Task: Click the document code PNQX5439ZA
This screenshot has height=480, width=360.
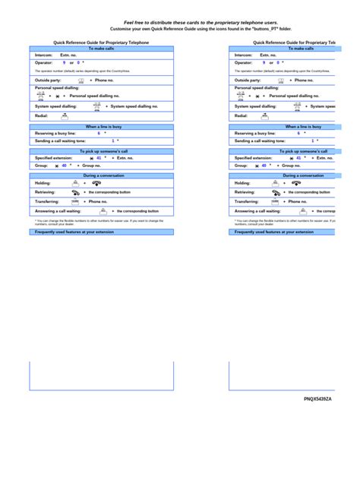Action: (x=318, y=397)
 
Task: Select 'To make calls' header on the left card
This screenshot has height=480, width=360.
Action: (x=102, y=48)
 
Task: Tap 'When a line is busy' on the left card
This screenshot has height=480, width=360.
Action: (x=102, y=127)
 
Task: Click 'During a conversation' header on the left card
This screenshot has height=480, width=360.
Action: (x=102, y=175)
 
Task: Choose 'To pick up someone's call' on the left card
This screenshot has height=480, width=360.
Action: (x=102, y=151)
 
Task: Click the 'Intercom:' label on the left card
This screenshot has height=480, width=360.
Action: (x=43, y=55)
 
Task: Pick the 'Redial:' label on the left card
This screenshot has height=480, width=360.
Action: (x=41, y=115)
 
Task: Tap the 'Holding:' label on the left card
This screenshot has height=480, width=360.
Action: (x=43, y=183)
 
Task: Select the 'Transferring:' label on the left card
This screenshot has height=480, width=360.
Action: (x=46, y=201)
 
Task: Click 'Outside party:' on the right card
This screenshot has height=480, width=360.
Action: (x=248, y=80)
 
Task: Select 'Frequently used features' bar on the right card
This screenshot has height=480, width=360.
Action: (x=274, y=232)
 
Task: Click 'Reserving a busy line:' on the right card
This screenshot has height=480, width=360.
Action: (x=254, y=133)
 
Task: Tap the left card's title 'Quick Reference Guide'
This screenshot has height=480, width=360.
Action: (x=101, y=43)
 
